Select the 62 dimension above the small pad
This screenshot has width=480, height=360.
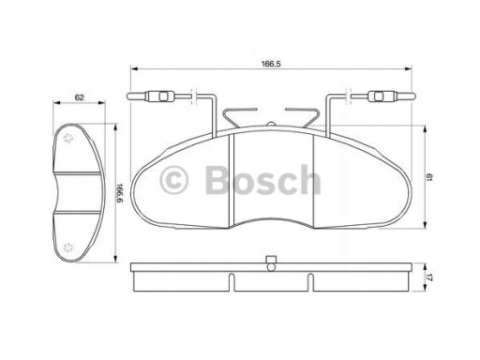pos(80,97)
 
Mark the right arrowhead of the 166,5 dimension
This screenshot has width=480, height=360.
pos(411,69)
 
